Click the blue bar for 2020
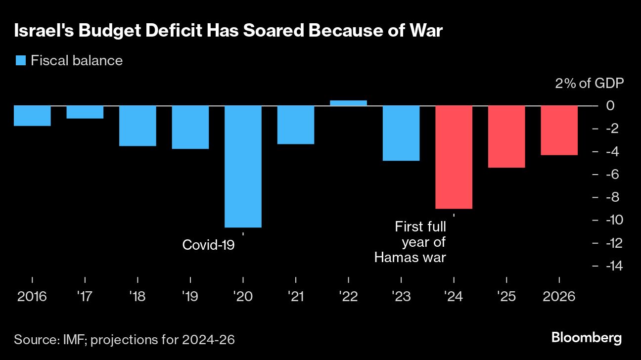(243, 167)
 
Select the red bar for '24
(454, 157)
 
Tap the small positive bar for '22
(348, 103)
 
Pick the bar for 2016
(32, 116)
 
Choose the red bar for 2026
(559, 131)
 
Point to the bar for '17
(85, 112)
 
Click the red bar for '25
(506, 137)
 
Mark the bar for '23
(401, 134)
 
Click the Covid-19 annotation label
(208, 245)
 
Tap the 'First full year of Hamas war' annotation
(411, 242)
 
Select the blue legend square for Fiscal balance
(20, 61)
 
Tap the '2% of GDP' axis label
(589, 83)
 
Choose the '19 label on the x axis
(190, 296)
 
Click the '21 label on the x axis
(296, 296)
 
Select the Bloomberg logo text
(586, 339)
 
